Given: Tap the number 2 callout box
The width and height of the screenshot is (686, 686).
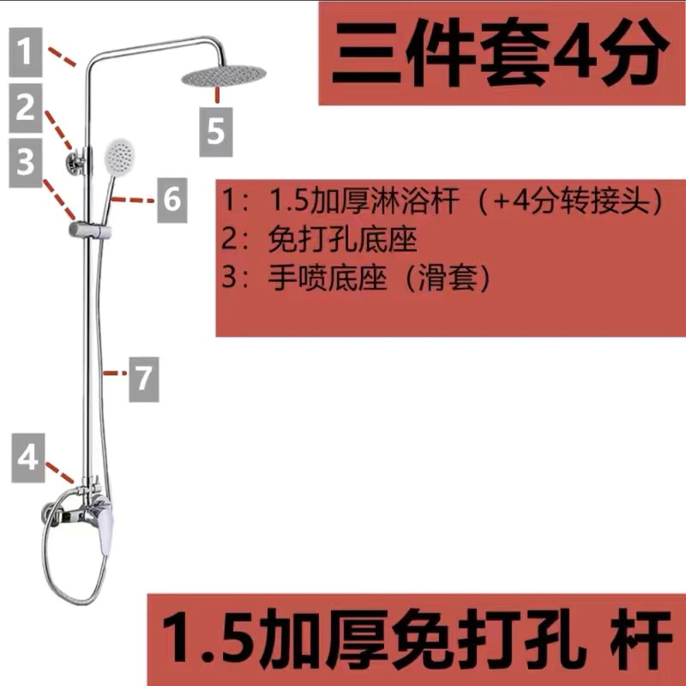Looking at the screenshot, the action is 27,107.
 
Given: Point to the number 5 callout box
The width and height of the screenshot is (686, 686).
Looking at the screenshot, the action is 216,131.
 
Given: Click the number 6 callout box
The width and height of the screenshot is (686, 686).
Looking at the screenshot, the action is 171,199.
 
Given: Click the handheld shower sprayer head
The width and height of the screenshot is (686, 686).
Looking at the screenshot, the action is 118,157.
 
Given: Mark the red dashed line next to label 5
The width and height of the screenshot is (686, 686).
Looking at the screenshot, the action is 218,93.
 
